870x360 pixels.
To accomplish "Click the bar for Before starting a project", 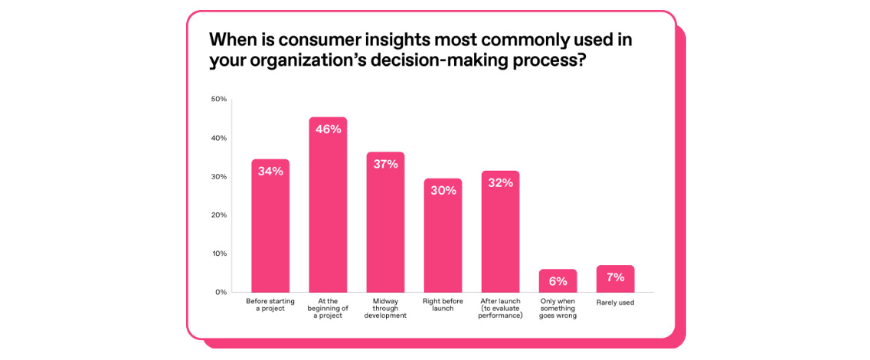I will pos(270,230).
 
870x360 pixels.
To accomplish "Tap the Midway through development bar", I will pos(385,226).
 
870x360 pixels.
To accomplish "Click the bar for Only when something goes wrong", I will pos(558,282).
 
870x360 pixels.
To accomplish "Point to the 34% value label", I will pos(270,171).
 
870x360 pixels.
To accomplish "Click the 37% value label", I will pos(385,163).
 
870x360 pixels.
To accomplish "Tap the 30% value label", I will pos(443,190).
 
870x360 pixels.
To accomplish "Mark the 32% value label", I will pos(500,182).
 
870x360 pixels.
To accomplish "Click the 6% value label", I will pos(558,281).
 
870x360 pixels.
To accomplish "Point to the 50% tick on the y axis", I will pos(218,99).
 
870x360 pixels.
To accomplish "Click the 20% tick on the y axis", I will pos(218,214).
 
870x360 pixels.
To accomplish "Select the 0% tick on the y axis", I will pos(220,292).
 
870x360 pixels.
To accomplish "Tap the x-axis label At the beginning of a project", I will pos(328,309).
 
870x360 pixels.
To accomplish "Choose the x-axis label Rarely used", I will pos(615,303).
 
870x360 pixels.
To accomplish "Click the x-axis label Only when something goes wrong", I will pos(558,309).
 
